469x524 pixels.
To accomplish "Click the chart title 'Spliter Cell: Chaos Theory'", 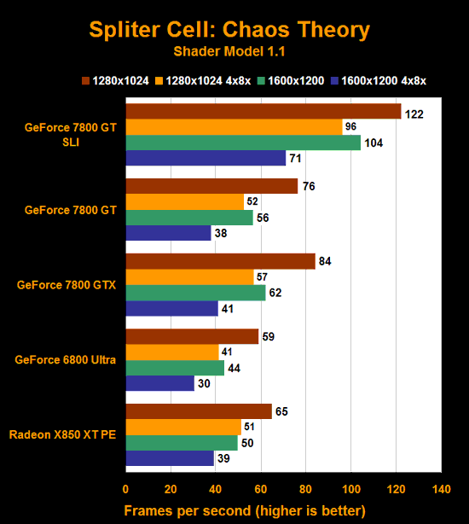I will point(229,30).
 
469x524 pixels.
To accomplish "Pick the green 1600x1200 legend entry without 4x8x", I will point(291,81).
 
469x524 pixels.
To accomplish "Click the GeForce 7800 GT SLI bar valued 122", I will point(263,112).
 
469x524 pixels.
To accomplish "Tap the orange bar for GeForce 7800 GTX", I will point(189,277).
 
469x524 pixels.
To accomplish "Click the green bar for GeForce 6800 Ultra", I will point(175,368).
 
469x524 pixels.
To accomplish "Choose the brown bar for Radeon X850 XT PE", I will point(199,412).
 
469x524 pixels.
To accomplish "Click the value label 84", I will point(324,262).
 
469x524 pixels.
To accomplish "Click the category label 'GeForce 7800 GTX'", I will point(67,285).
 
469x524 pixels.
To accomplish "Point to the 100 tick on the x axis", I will point(351,490).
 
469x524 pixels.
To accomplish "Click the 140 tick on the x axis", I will point(441,490).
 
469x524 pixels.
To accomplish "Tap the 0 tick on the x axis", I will point(126,490).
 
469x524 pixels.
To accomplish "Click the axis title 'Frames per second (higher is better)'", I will point(245,510).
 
